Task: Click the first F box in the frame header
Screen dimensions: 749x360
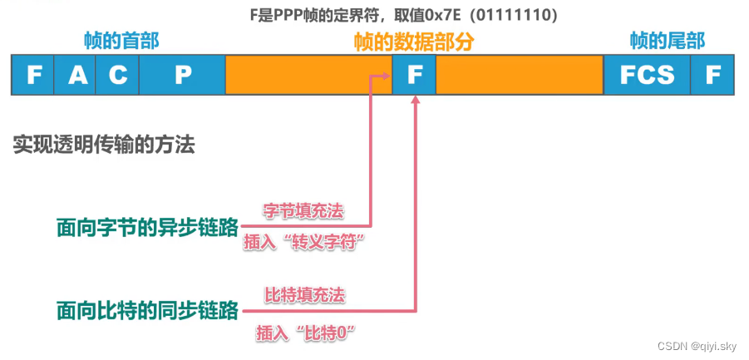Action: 33,75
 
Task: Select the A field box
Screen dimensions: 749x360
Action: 77,75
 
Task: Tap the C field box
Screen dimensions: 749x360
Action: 118,75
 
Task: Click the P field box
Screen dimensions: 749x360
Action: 182,75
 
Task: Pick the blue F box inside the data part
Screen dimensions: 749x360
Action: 413,75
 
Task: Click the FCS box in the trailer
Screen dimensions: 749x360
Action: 647,75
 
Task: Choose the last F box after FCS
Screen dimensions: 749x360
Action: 712,75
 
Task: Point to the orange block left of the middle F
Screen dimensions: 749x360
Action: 308,75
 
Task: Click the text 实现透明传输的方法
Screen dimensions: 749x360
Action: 104,145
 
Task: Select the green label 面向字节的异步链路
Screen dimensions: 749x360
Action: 147,226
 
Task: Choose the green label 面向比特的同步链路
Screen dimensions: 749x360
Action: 147,311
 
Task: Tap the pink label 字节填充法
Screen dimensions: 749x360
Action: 303,211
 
